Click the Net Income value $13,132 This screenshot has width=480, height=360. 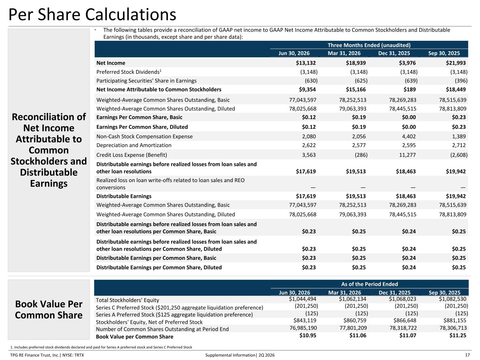[x=306, y=63]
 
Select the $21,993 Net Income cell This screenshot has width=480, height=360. [x=456, y=63]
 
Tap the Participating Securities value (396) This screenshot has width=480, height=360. [x=461, y=81]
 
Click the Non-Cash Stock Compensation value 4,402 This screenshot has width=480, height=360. [x=409, y=136]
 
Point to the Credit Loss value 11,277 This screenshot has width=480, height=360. [x=407, y=155]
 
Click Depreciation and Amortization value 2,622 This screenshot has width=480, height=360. [x=309, y=145]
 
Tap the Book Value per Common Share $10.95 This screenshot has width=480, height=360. [x=308, y=335]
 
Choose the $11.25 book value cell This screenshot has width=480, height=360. [x=458, y=335]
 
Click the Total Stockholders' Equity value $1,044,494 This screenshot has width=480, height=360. [x=302, y=299]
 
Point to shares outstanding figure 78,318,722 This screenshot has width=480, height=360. [x=403, y=328]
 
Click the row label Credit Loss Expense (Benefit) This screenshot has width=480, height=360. [x=132, y=155]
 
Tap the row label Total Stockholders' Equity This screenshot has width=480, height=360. [x=128, y=300]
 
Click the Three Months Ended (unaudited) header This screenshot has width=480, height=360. [x=369, y=45]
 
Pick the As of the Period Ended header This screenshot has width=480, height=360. [x=369, y=284]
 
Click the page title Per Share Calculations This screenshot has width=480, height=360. [x=92, y=15]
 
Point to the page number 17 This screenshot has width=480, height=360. [x=467, y=355]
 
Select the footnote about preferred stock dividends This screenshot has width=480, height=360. [x=101, y=347]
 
